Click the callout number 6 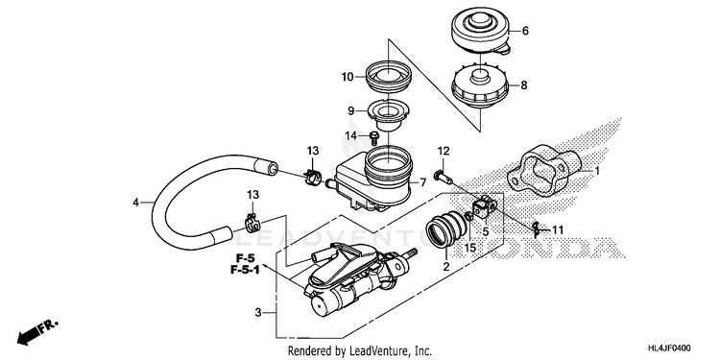(x=525, y=31)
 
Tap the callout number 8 (x=524, y=85)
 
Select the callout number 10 (x=348, y=77)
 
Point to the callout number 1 (x=597, y=172)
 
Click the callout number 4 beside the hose (x=136, y=202)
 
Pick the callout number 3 (x=258, y=313)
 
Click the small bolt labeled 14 (x=373, y=135)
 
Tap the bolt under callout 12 (x=442, y=175)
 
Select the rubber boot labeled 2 (x=444, y=230)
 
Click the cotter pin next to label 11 (x=539, y=228)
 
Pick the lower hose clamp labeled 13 (x=252, y=224)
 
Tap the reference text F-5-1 (x=245, y=270)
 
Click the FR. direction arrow (x=37, y=333)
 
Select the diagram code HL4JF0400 (x=669, y=348)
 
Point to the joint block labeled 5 (x=483, y=206)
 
